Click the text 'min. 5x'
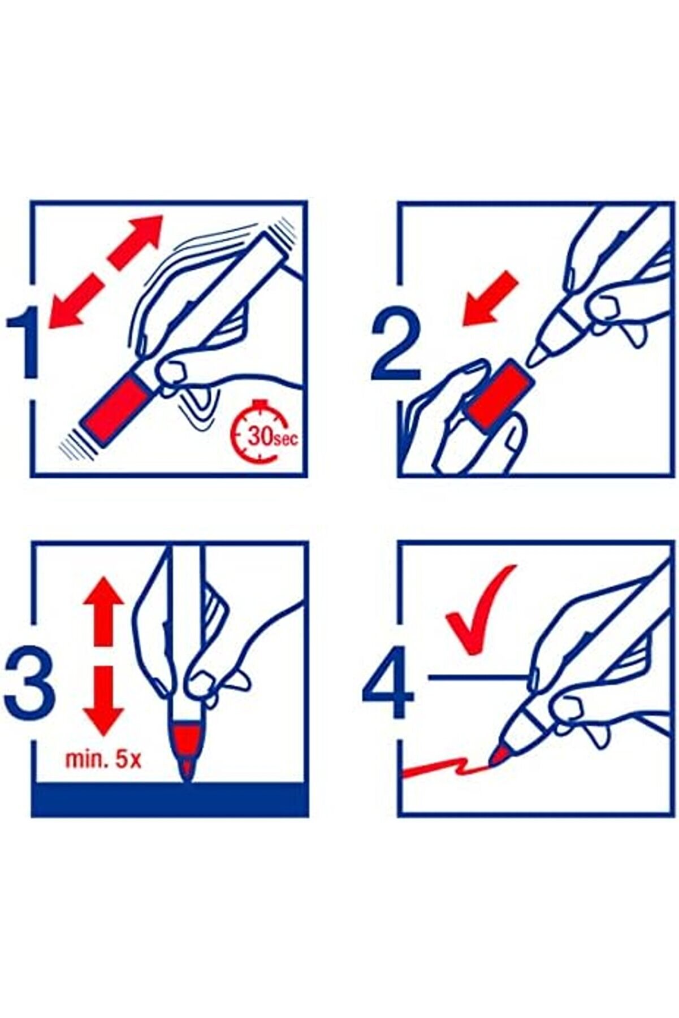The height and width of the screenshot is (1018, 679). (x=103, y=759)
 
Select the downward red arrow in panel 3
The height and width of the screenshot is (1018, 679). (x=103, y=701)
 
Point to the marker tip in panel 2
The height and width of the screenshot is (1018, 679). (x=536, y=355)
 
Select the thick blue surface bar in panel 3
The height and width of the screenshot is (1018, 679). (x=170, y=799)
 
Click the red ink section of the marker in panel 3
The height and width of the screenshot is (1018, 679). (x=184, y=735)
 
